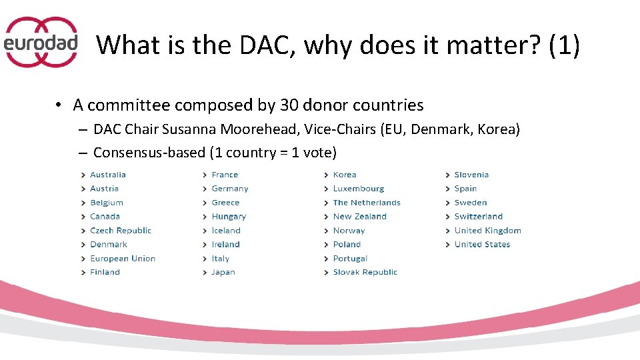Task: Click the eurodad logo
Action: (41, 42)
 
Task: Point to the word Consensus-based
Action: (149, 153)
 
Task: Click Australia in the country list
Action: (108, 175)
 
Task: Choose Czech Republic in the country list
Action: (121, 231)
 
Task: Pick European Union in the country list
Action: (123, 259)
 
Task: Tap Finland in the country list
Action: (105, 273)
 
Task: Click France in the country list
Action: (225, 175)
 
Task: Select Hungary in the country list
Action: (229, 217)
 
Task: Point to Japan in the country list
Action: (223, 273)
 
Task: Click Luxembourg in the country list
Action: (359, 189)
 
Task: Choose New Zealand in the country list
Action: (360, 217)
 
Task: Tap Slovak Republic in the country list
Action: (365, 273)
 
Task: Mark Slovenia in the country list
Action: (471, 175)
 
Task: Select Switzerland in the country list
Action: (479, 217)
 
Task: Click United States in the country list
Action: (482, 245)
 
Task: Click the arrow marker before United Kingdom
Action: (447, 231)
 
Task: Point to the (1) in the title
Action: (564, 45)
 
